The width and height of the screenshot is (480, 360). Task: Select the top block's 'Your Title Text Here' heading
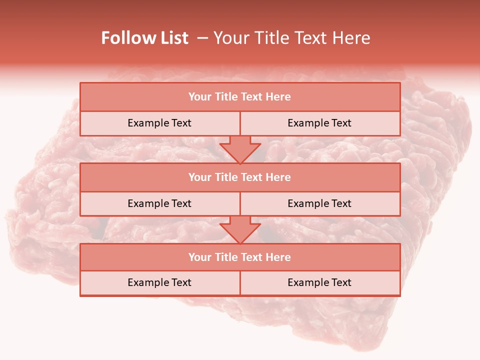tap(239, 97)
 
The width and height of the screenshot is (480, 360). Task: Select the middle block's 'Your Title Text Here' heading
tap(239, 177)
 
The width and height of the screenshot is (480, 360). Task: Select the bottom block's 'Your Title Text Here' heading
tap(239, 257)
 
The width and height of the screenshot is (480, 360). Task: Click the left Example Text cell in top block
tap(159, 123)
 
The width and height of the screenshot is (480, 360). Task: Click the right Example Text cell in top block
tap(319, 123)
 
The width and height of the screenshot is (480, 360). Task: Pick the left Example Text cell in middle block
tap(159, 203)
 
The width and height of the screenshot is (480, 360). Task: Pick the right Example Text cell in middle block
tap(319, 203)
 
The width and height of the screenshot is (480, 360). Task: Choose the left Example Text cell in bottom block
tap(159, 282)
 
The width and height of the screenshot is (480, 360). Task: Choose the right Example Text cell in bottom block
tap(319, 282)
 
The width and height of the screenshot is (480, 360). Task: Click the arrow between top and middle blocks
tap(240, 149)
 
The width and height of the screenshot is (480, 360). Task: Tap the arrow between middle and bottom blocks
tap(240, 229)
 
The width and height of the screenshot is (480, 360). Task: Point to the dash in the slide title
tap(202, 38)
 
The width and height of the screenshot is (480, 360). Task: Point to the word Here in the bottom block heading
tap(278, 257)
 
